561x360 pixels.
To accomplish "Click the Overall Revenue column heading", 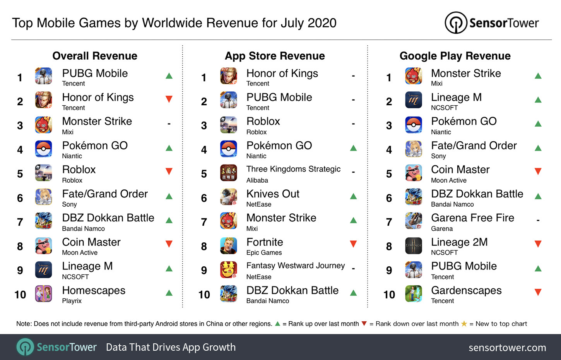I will point(95,56).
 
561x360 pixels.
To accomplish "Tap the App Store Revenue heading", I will point(275,56).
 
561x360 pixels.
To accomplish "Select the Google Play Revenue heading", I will point(455,56).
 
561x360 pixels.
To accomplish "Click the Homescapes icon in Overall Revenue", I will point(43,294).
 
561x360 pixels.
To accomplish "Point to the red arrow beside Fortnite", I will point(353,244).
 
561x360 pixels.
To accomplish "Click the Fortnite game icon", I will point(228,246).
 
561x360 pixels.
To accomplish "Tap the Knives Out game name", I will point(273,194).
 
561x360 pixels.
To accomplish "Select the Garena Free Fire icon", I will point(413,221).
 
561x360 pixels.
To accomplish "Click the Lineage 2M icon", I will point(413,246).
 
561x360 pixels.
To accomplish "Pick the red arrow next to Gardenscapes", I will point(538,292).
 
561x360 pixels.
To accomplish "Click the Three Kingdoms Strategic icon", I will point(228,173).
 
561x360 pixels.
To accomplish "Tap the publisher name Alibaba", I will point(257,180).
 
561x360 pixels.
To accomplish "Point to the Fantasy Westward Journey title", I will point(296,266).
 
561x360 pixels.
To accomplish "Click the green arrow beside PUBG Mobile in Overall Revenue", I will point(169,75).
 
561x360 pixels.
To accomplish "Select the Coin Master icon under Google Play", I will point(413,173).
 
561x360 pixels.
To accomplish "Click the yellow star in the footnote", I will point(464,324).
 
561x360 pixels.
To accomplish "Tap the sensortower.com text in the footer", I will point(507,348).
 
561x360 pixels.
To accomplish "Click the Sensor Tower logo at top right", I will point(492,23).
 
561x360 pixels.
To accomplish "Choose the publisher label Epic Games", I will point(264,252).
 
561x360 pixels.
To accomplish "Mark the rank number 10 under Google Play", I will point(389,295).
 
